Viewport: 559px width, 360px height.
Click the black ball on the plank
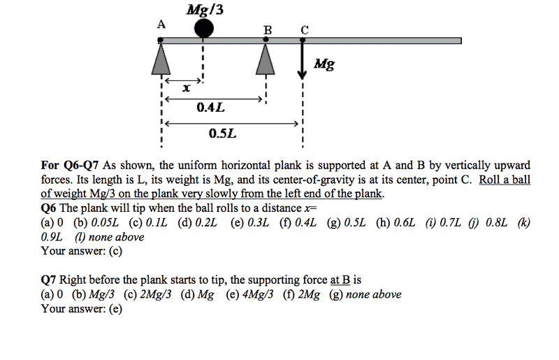point(204,28)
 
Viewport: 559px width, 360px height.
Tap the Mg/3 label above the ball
point(205,10)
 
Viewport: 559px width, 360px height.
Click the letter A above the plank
point(161,24)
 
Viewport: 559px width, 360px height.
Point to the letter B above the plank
point(268,30)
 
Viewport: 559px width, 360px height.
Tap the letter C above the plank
point(304,30)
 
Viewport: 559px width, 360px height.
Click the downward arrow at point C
point(303,59)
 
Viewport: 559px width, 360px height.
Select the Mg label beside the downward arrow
point(324,64)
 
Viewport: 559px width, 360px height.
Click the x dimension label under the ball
point(186,88)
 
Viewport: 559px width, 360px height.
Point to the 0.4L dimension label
point(211,107)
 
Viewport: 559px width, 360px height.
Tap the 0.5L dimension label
point(223,134)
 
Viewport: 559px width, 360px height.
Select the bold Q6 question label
point(48,208)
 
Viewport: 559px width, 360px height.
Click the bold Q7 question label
point(48,280)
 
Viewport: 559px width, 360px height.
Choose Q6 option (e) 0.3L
point(249,222)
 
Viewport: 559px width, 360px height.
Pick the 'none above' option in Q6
point(110,237)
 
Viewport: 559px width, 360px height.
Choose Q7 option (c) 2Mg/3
point(147,294)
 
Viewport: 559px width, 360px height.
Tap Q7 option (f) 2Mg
point(302,294)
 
